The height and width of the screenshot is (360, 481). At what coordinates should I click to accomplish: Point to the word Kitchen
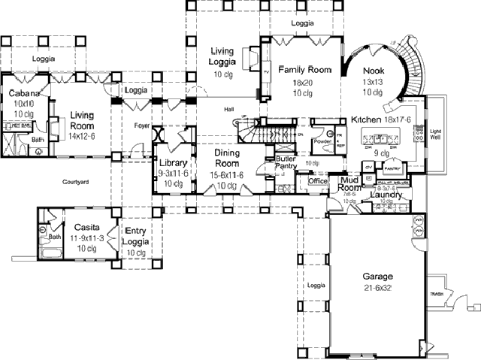pos(366,119)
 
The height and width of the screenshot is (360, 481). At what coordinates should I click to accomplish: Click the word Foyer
pos(142,126)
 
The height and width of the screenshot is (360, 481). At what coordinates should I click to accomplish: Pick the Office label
pos(318,181)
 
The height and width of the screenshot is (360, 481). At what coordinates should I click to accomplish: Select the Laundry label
pos(388,195)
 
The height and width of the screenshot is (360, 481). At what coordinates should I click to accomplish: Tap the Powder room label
pos(323,141)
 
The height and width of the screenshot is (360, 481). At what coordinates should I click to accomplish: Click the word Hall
pos(228,110)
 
